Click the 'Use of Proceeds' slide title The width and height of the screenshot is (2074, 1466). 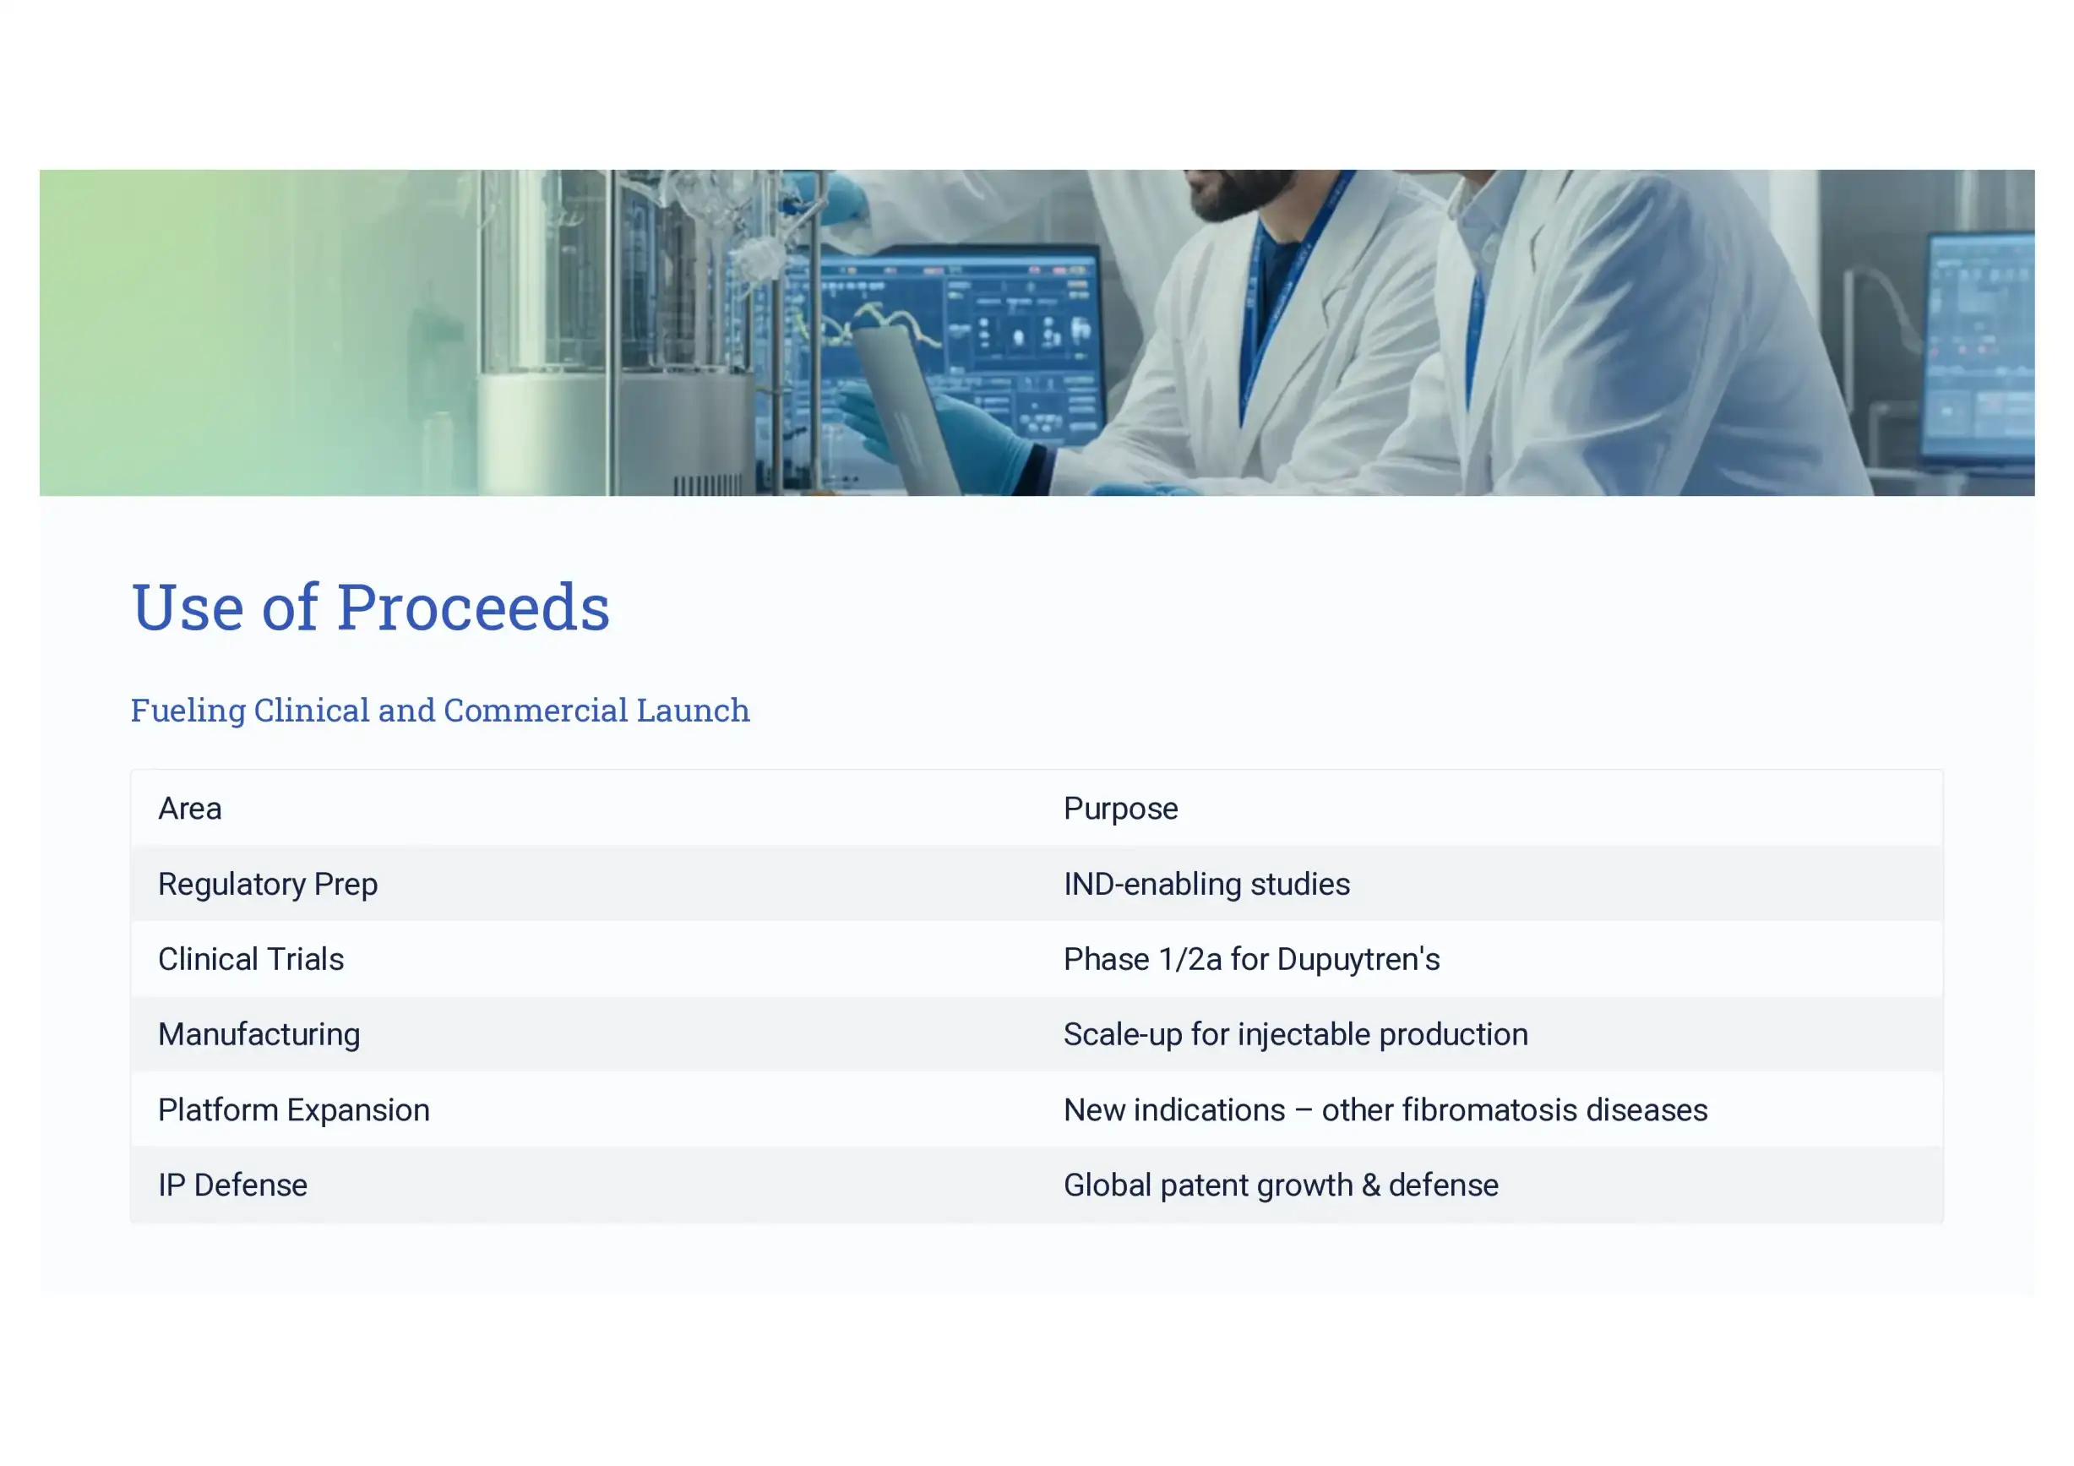370,606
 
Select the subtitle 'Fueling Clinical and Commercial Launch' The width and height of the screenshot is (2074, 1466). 440,711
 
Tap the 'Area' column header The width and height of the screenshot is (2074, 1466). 190,809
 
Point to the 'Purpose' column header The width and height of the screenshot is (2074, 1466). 1120,809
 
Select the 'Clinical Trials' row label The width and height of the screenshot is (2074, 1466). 251,959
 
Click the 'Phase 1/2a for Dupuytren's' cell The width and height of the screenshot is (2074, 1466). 1251,959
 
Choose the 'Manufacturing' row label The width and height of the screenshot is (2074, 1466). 259,1035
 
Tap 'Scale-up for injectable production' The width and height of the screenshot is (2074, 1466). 1295,1035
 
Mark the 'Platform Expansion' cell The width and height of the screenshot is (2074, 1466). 294,1110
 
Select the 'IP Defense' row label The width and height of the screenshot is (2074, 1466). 233,1185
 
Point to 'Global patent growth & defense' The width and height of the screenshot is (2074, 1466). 1281,1186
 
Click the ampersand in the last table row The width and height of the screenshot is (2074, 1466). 1370,1185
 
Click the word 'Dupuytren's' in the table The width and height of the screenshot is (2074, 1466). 1358,960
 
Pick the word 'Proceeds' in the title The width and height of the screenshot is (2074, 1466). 473,606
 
